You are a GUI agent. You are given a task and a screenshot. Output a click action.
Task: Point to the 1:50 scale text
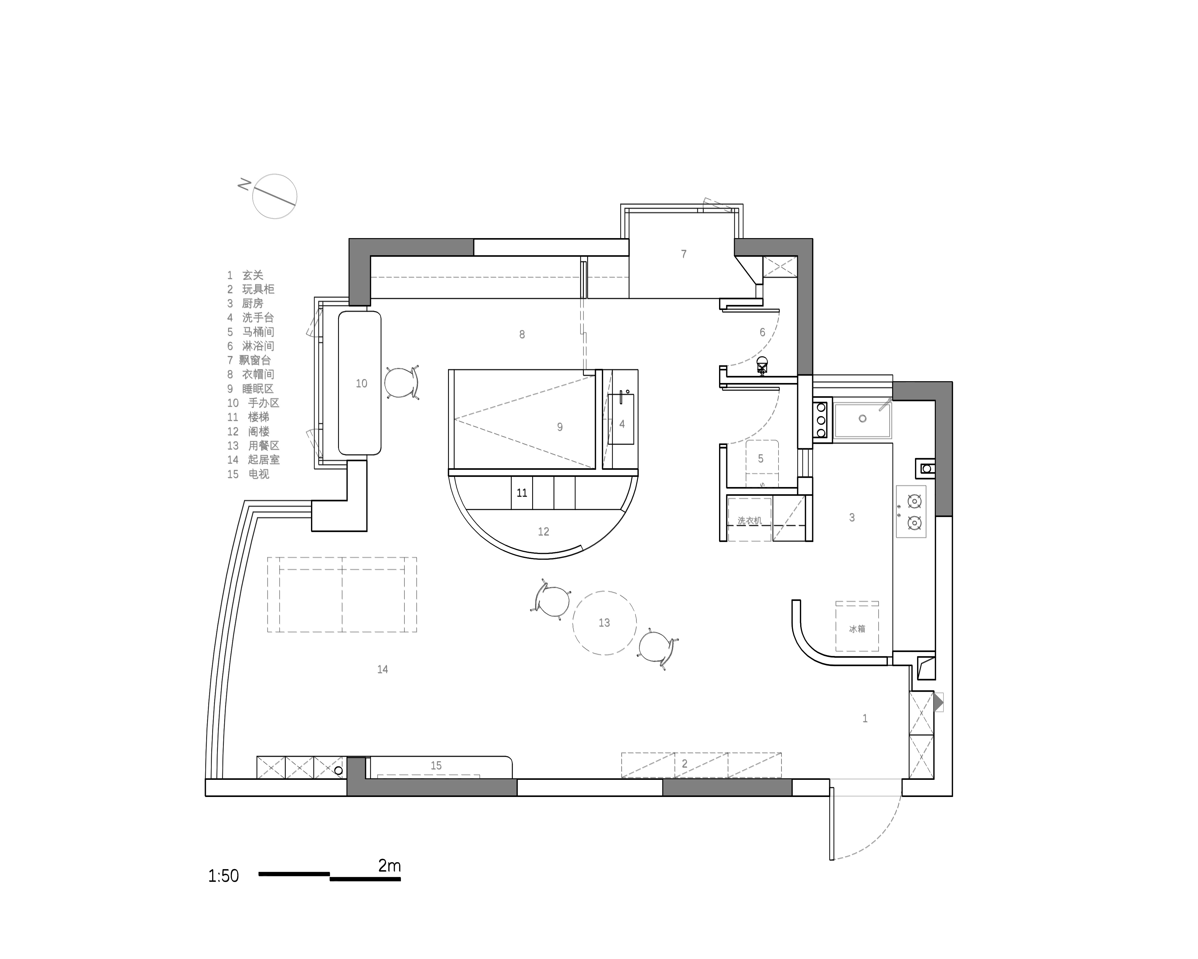(223, 876)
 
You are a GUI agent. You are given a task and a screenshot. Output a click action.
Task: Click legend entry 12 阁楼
(248, 431)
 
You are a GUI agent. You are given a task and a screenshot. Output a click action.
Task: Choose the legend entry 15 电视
(248, 474)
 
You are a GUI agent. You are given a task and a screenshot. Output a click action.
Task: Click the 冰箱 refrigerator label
(857, 629)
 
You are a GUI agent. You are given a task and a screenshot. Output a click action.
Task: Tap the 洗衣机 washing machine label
(750, 521)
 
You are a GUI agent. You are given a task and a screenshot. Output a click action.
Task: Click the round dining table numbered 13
(605, 623)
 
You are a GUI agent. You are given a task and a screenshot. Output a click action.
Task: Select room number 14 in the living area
(382, 669)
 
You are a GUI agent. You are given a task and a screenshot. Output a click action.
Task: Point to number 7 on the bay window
(684, 254)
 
